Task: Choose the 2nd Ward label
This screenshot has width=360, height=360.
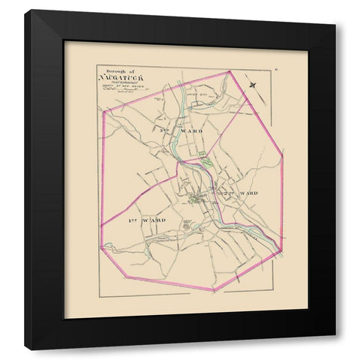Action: point(238,193)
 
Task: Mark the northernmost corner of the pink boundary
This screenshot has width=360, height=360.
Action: point(229,72)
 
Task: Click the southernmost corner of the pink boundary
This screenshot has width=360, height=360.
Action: point(214,290)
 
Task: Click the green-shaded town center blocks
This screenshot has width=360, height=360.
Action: point(196,198)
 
